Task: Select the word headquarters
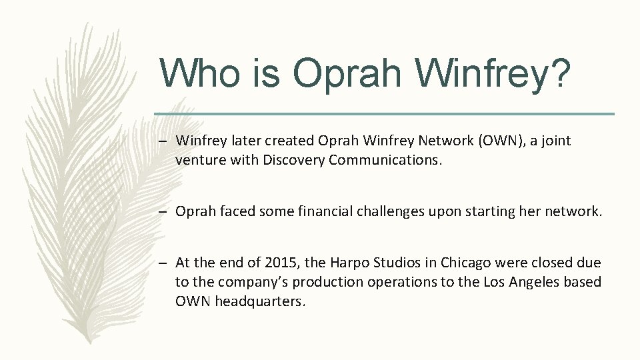pos(260,301)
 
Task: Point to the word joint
pos(556,141)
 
